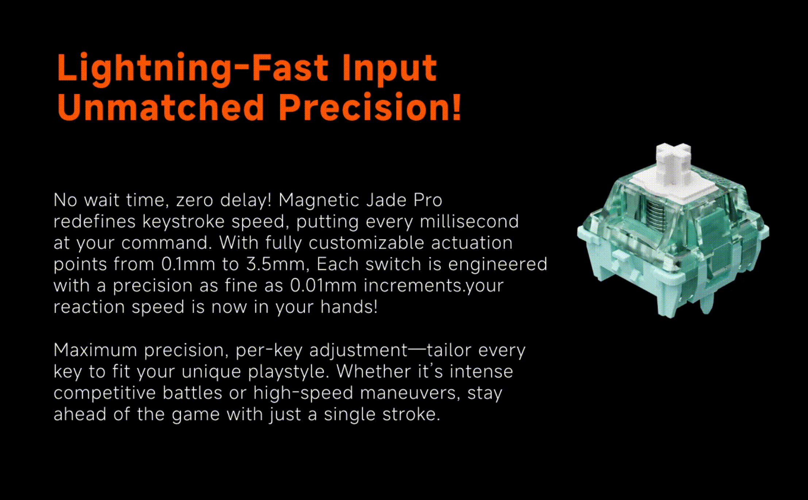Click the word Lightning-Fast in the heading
(193, 69)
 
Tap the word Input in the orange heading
(390, 70)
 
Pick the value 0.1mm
(188, 264)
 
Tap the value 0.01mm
(323, 285)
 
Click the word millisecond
(469, 221)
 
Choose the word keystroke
(183, 221)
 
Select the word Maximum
(95, 350)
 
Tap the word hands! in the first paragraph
(349, 307)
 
